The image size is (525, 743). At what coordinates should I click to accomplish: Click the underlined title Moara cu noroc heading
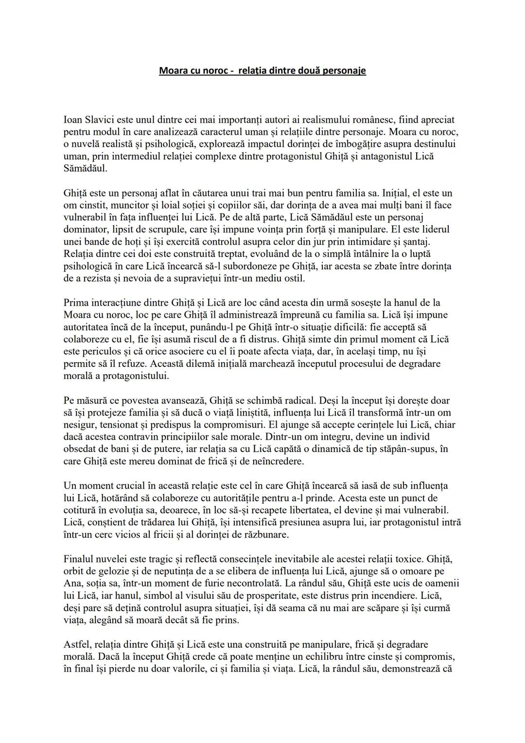[x=262, y=71]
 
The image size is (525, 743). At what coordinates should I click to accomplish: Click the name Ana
[x=72, y=583]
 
